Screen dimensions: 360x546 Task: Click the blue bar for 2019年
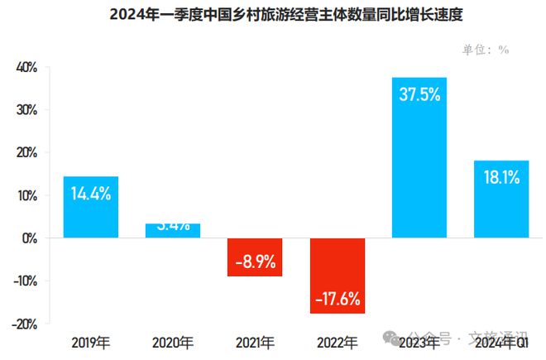pos(91,207)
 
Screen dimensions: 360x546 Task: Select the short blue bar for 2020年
pos(173,231)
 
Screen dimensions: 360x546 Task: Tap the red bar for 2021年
pos(255,257)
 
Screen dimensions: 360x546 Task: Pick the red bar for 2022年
pos(337,276)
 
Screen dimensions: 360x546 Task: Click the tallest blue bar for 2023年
pos(419,157)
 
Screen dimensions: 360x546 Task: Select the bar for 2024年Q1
pos(500,199)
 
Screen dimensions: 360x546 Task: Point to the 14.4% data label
pos(91,194)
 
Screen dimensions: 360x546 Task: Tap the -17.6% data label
pos(337,299)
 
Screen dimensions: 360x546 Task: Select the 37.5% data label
pos(419,94)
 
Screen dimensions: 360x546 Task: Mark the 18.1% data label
pos(500,176)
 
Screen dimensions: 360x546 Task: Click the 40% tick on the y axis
pos(26,67)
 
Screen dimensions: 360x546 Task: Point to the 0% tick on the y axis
pos(30,238)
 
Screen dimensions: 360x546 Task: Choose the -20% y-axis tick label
pos(25,324)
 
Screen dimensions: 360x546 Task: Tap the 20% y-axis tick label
pos(26,153)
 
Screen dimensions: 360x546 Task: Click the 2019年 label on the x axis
pos(91,343)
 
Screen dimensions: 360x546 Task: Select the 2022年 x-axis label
pos(337,343)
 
